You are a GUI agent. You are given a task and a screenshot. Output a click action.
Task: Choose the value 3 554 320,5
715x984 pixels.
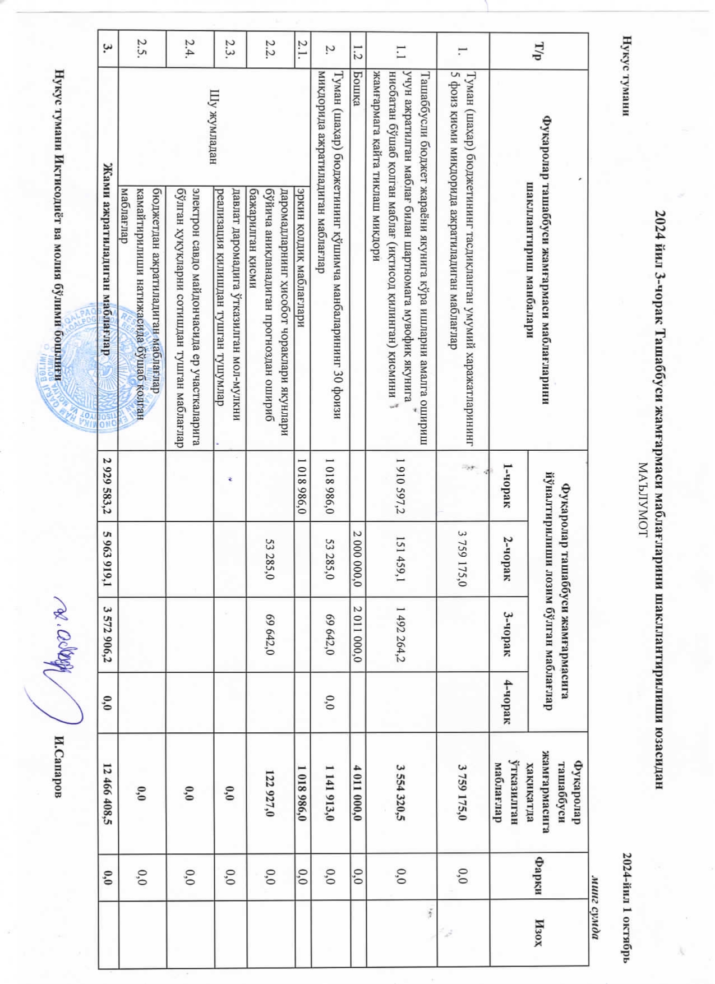point(399,793)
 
